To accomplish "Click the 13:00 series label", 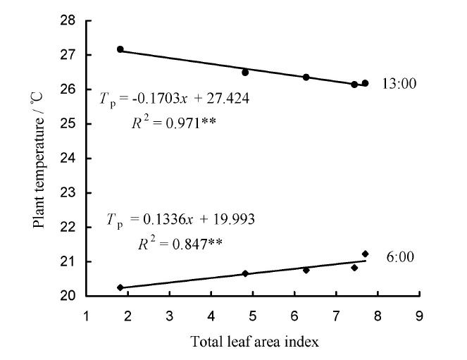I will point(399,84).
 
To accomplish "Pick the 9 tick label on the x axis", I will point(419,316).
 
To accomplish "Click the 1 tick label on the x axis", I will point(87,316).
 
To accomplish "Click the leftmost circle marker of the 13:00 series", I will point(120,49).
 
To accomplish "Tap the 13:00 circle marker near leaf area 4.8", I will point(245,73).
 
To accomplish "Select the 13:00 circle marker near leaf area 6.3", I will point(306,77).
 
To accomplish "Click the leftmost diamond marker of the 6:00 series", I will point(120,287).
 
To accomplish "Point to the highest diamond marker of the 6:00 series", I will point(365,254).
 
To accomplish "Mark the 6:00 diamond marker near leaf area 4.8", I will point(245,273).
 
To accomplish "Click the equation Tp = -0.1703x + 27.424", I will point(175,98).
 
